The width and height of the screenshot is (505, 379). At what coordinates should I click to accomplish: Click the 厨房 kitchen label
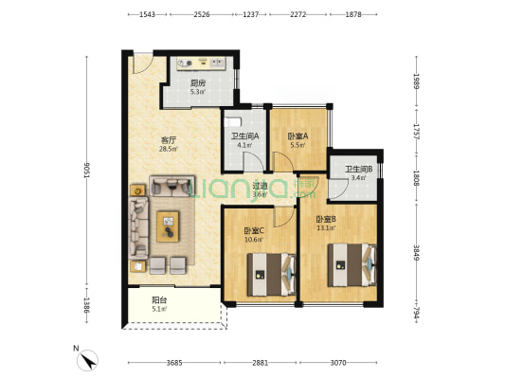pyautogui.click(x=198, y=83)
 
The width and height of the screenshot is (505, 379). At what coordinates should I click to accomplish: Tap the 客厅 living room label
pyautogui.click(x=169, y=140)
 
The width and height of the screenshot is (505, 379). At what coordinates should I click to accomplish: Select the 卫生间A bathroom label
pyautogui.click(x=245, y=136)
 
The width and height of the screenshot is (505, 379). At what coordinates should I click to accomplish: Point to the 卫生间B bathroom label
pyautogui.click(x=359, y=169)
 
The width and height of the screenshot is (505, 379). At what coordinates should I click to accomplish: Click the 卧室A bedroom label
pyautogui.click(x=298, y=136)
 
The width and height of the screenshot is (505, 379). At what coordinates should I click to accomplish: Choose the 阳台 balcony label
pyautogui.click(x=159, y=300)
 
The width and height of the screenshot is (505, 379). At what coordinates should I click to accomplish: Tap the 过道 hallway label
pyautogui.click(x=260, y=186)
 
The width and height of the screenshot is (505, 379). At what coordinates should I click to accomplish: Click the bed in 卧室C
pyautogui.click(x=271, y=275)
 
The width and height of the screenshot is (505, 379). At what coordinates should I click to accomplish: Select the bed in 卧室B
pyautogui.click(x=352, y=265)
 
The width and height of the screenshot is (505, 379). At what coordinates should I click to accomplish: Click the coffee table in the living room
pyautogui.click(x=168, y=226)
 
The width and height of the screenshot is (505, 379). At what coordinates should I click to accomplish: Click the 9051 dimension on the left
pyautogui.click(x=87, y=170)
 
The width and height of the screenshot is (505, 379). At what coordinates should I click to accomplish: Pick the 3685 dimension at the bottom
pyautogui.click(x=174, y=363)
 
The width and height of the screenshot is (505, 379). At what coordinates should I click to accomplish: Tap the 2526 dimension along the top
pyautogui.click(x=202, y=14)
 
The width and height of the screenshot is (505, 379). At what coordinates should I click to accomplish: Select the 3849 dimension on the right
pyautogui.click(x=417, y=252)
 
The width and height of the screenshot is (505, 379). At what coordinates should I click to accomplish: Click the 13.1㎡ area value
pyautogui.click(x=326, y=228)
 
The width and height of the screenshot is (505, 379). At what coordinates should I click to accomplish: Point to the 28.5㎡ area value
pyautogui.click(x=169, y=149)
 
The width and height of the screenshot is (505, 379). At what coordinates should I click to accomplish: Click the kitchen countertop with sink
pyautogui.click(x=201, y=63)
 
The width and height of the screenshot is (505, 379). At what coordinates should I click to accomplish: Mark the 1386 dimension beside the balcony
pyautogui.click(x=87, y=304)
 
